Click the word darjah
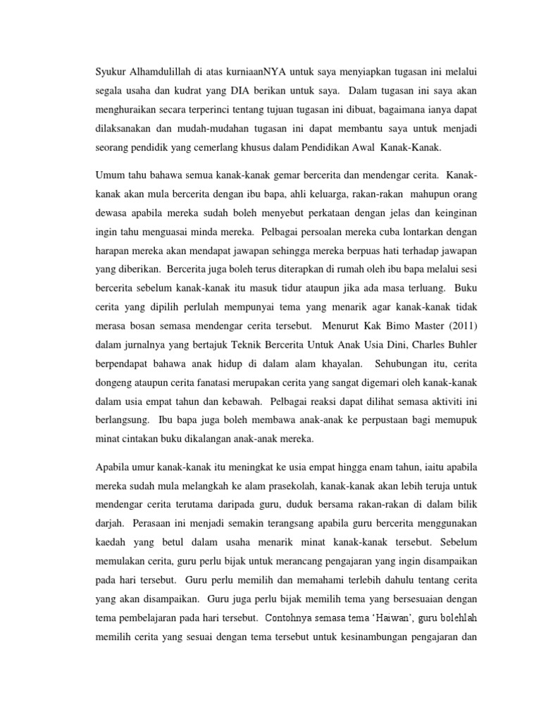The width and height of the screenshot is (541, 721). (x=111, y=524)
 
